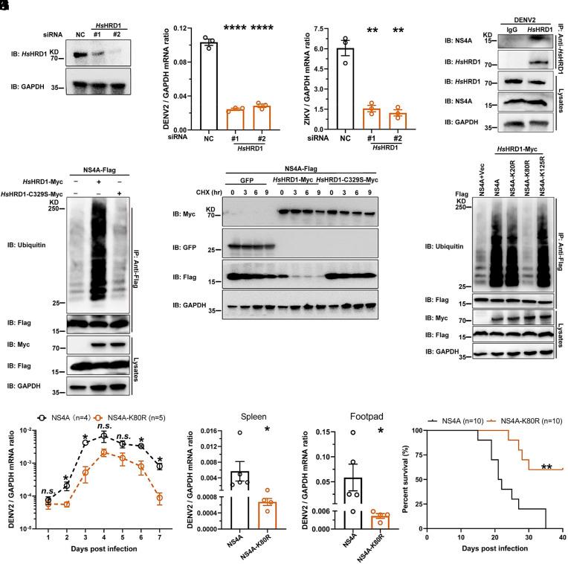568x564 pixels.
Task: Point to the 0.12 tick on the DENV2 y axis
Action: [x=178, y=28]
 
